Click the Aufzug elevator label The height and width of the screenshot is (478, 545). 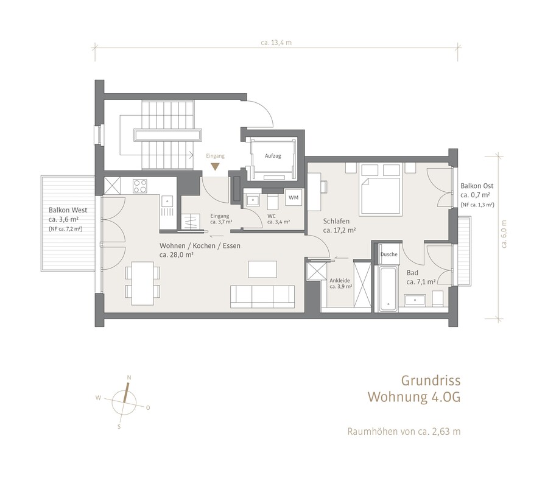click(273, 156)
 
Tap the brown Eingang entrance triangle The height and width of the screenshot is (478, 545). click(216, 167)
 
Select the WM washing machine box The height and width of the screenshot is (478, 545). click(294, 197)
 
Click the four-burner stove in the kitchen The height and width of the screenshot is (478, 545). click(139, 186)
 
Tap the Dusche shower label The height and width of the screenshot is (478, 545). click(389, 254)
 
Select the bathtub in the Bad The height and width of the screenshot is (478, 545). click(388, 289)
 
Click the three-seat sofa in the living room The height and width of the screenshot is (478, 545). click(262, 297)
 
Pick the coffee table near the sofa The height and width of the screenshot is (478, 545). click(262, 269)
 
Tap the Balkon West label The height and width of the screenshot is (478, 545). click(68, 210)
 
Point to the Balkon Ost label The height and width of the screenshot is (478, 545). click(477, 186)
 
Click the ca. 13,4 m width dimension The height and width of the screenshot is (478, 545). click(276, 43)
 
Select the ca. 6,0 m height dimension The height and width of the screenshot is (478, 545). click(504, 234)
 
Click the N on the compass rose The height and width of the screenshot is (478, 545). click(129, 378)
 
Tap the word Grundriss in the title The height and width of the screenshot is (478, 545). click(431, 381)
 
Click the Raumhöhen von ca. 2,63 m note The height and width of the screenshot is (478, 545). click(404, 431)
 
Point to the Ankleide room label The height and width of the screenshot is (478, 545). click(340, 281)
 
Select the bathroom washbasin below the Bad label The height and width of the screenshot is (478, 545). click(415, 300)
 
